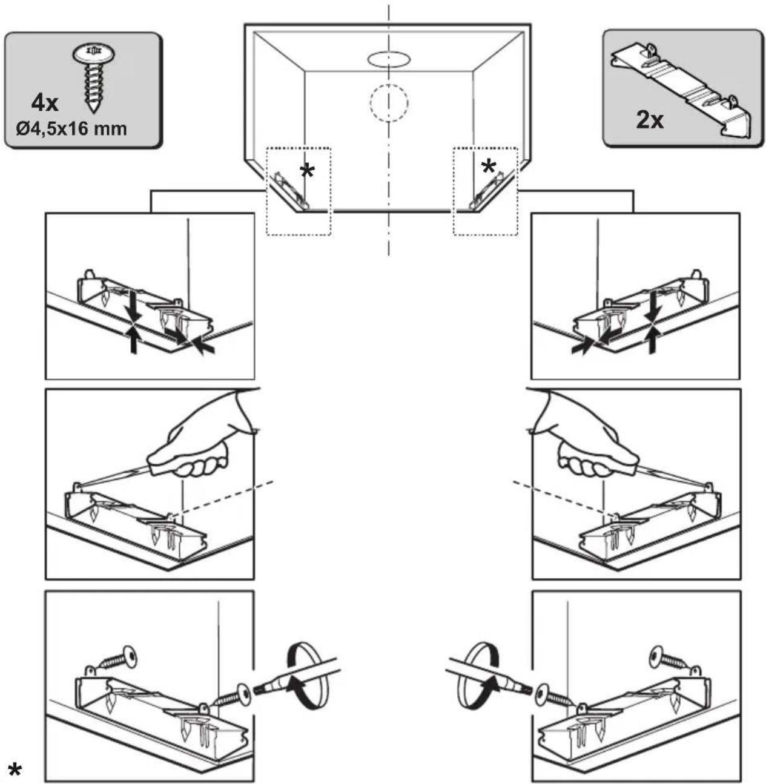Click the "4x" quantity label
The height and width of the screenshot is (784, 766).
coord(45,104)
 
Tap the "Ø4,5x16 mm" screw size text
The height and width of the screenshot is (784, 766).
coord(71,130)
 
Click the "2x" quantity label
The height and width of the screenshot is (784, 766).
coord(650,120)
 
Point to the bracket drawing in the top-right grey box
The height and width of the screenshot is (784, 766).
coord(681,88)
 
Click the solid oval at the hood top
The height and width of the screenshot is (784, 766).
coord(388,59)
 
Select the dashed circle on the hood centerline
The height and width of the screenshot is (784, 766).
coord(389,102)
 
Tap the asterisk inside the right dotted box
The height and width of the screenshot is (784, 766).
coord(489,166)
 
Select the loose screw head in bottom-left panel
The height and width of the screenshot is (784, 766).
coord(130,656)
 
